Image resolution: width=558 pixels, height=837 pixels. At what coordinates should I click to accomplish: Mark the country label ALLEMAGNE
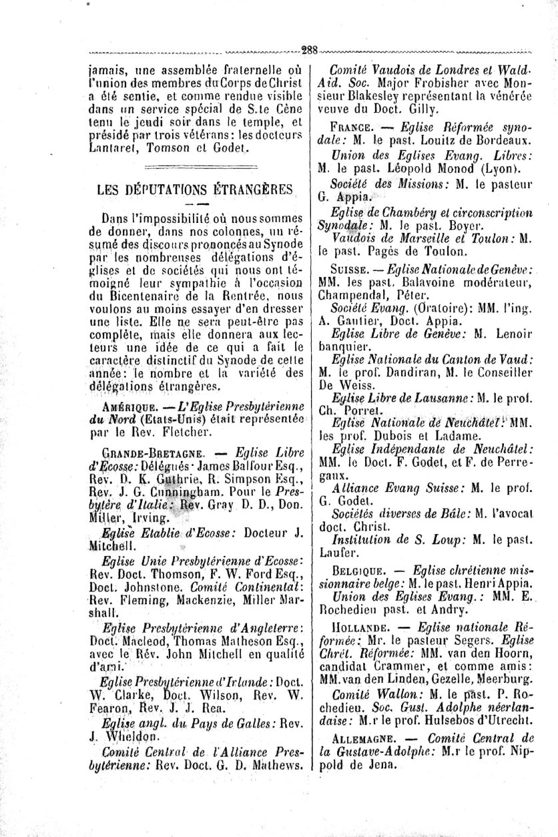pyautogui.click(x=363, y=738)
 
